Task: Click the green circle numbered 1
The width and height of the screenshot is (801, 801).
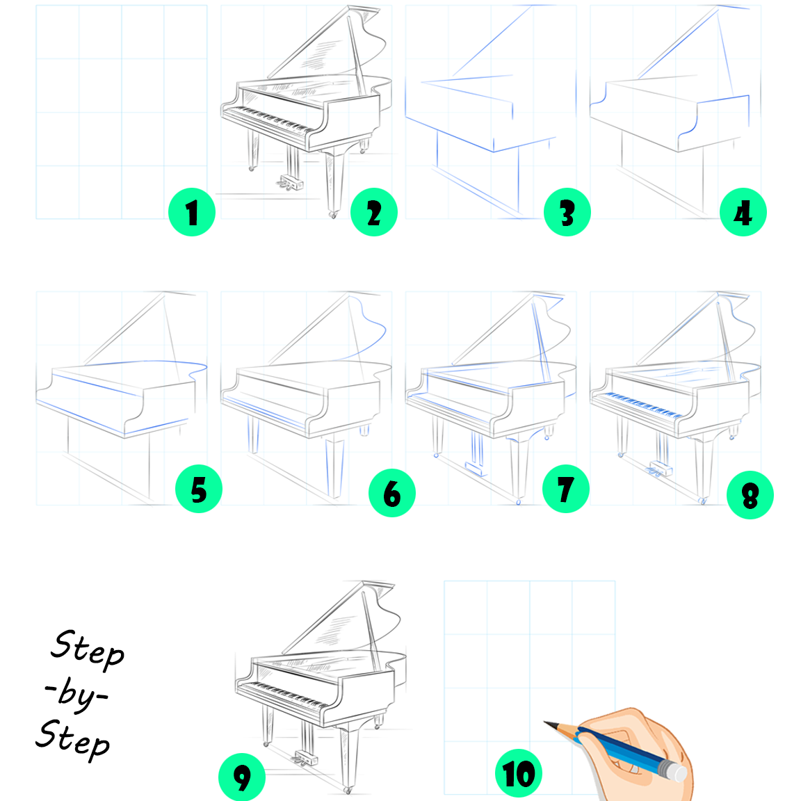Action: [x=192, y=212]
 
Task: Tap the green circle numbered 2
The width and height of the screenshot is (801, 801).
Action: [x=374, y=212]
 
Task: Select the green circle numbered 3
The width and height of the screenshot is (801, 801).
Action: [x=567, y=212]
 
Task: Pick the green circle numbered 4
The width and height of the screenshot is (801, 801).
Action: [x=743, y=212]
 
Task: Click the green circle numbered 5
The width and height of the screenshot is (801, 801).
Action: [x=199, y=489]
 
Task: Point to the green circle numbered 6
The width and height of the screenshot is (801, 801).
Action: [x=392, y=493]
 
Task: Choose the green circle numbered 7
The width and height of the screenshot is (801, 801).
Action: [x=565, y=489]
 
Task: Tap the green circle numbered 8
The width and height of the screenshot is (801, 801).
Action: [x=750, y=495]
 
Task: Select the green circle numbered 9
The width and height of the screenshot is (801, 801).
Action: [x=242, y=777]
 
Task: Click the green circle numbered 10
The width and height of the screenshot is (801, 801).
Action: [x=519, y=773]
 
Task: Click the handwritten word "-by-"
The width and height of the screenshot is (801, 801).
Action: [x=76, y=693]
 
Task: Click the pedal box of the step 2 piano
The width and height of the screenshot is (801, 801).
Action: [x=290, y=181]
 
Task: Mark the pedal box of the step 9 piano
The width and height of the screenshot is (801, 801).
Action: [x=305, y=757]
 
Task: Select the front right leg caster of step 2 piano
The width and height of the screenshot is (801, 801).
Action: [x=334, y=215]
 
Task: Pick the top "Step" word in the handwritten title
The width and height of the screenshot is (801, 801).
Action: [x=88, y=649]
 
